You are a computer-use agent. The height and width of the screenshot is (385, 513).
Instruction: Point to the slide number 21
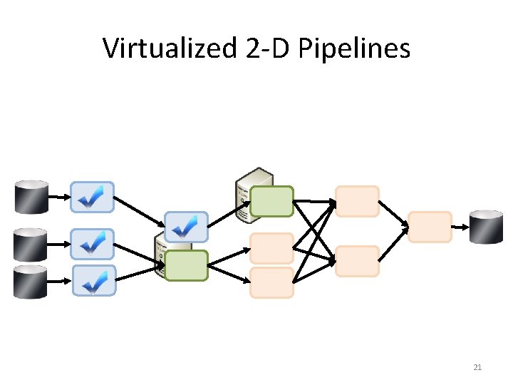477,368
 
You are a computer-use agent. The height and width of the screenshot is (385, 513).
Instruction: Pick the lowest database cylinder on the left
32,281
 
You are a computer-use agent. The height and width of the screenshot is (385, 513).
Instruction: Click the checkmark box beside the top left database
92,197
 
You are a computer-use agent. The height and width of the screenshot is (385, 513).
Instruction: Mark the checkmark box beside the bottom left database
92,281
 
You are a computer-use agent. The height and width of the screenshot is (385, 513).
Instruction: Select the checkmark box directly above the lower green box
186,227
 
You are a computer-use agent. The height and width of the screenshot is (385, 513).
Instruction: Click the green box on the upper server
271,201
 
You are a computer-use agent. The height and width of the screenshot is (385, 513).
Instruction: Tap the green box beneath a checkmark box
186,265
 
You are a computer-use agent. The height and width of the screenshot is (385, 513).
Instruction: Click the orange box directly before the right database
430,227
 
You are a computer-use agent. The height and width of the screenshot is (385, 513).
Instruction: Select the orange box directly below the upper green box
271,248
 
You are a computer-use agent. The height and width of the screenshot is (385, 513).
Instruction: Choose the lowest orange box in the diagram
271,282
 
